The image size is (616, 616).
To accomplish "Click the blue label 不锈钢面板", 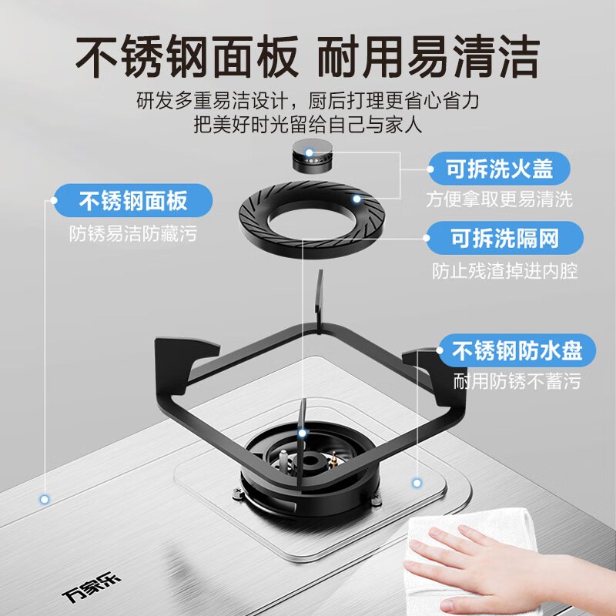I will coord(133,202).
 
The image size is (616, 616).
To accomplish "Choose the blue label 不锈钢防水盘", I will coord(517,351).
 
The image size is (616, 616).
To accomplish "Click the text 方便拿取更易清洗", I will coord(500,199).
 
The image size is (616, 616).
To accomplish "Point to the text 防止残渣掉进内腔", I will coord(504,271).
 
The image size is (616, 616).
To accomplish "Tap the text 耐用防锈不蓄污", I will coord(517,381).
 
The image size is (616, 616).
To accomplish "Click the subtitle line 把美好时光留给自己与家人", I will coord(308,125).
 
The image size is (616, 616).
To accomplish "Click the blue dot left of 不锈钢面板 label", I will coord(55,202).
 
